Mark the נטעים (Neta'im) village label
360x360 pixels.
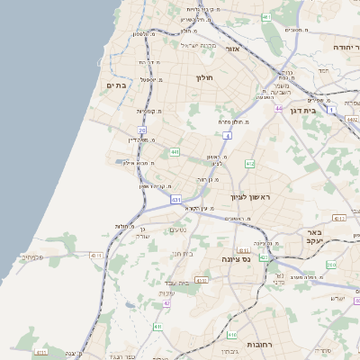click(x=177, y=230)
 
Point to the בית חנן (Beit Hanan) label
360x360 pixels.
click(x=183, y=254)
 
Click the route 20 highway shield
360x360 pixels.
click(x=142, y=131)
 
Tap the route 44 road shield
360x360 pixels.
click(x=279, y=108)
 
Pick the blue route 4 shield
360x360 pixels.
click(x=229, y=136)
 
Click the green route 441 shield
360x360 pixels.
click(x=174, y=151)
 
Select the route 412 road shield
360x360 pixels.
click(x=250, y=164)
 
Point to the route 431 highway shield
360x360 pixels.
click(x=175, y=199)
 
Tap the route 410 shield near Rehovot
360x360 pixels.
click(x=232, y=335)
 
